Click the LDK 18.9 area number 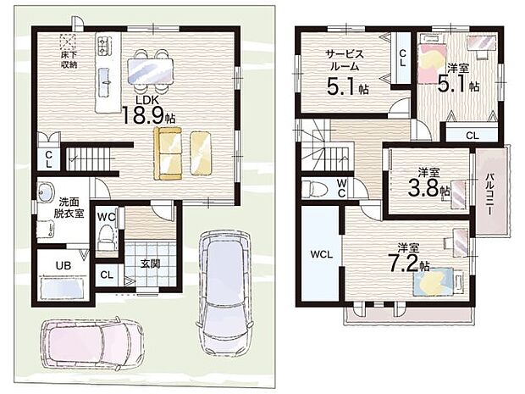coord(143,115)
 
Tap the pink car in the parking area coord(92,343)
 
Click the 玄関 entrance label coord(150,264)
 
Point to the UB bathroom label coord(64,266)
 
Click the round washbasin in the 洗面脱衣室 coord(46,192)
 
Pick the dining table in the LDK coord(151,70)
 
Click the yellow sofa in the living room coord(168,153)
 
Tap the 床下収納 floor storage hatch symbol coord(68,42)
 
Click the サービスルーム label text coord(345,59)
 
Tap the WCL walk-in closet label coord(321,254)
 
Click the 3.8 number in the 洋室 coord(423,190)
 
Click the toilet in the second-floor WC coord(314,189)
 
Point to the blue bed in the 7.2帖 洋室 coord(433,282)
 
